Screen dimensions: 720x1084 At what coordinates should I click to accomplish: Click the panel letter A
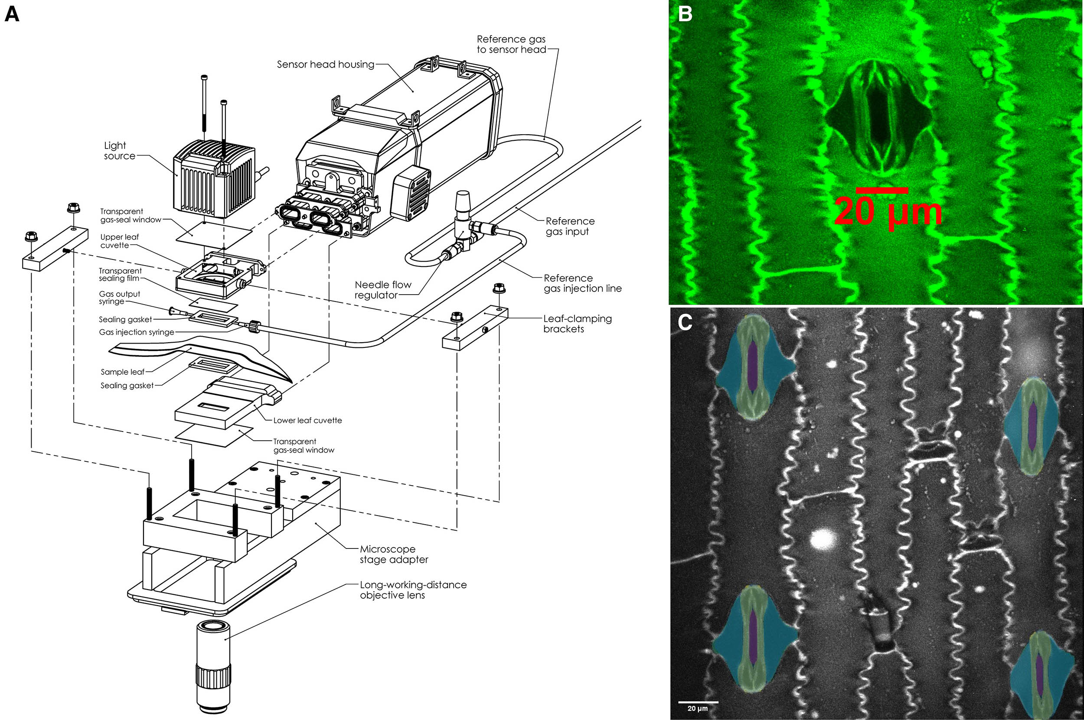[x=12, y=14]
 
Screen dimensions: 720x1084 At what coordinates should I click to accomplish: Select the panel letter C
[x=685, y=322]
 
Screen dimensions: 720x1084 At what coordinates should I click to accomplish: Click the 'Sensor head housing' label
[x=325, y=65]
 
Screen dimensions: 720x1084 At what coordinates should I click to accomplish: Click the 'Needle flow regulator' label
[x=382, y=290]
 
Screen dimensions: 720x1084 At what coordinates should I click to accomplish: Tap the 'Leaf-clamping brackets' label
[x=577, y=324]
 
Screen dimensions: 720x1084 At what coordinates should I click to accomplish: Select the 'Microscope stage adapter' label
[x=393, y=554]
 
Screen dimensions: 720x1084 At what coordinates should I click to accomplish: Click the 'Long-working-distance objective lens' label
[x=413, y=590]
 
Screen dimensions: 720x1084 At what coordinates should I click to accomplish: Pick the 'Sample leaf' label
[x=122, y=372]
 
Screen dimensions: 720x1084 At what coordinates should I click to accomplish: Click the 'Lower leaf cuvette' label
[x=307, y=420]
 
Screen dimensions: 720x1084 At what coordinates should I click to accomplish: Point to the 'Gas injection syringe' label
[x=137, y=332]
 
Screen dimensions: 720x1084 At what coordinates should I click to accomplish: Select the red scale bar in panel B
[x=882, y=190]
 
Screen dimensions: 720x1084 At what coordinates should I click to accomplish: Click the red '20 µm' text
[x=888, y=212]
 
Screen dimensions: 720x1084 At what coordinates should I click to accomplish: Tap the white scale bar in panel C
[x=698, y=702]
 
